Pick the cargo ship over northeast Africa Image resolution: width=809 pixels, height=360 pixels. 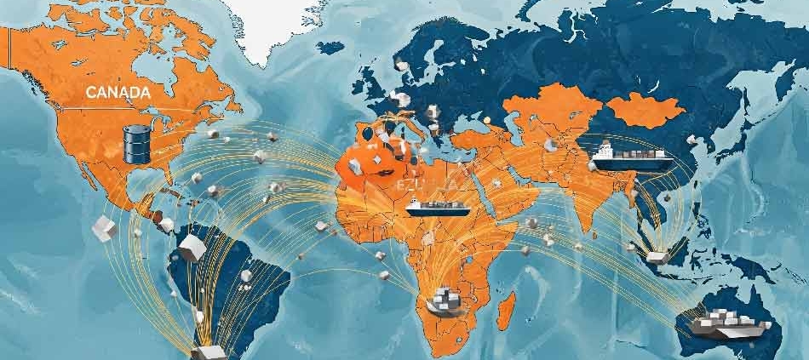click(427, 206)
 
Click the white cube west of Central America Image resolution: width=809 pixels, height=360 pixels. click(103, 227)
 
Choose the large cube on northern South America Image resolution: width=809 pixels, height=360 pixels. click(191, 248)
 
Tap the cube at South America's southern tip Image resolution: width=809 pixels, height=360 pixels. click(206, 351)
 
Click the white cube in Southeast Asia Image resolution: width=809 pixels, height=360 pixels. click(657, 255)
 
